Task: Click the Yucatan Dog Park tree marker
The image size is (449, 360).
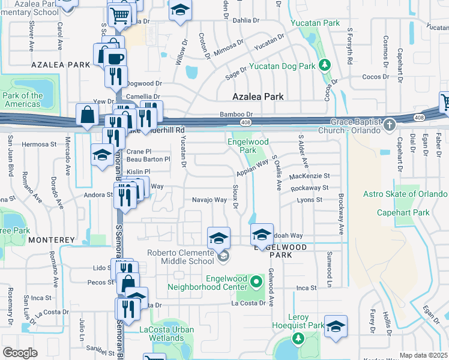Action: click(x=325, y=64)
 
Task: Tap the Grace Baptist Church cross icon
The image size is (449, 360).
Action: click(x=390, y=125)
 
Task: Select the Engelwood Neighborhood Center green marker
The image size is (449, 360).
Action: click(x=256, y=281)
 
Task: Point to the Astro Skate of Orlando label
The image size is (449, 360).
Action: click(x=405, y=194)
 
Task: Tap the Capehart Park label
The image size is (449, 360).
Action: click(x=403, y=212)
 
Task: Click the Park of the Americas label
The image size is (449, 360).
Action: click(x=23, y=100)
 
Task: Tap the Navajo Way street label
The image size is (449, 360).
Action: click(x=208, y=200)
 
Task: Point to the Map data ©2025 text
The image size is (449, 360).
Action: click(x=423, y=355)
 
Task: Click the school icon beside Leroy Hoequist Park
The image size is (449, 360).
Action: click(x=336, y=325)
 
